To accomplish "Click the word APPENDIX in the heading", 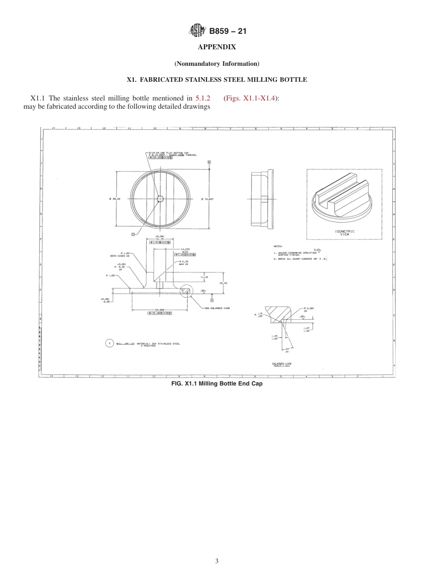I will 217,47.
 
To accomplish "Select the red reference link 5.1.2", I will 203,98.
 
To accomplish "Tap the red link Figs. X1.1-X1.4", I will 250,98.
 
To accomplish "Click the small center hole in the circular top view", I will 160,198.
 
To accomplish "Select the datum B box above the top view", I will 209,162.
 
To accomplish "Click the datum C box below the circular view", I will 133,234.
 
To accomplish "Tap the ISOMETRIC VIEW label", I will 344,232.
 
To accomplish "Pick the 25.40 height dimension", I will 223,283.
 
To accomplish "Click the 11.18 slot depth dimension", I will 204,277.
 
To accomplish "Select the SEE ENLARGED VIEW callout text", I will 217,308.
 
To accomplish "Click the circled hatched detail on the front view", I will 186,290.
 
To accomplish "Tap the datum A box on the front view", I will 212,300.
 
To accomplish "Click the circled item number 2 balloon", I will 110,343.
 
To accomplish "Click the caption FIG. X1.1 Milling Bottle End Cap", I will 217,384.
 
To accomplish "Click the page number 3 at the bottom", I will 217,561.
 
